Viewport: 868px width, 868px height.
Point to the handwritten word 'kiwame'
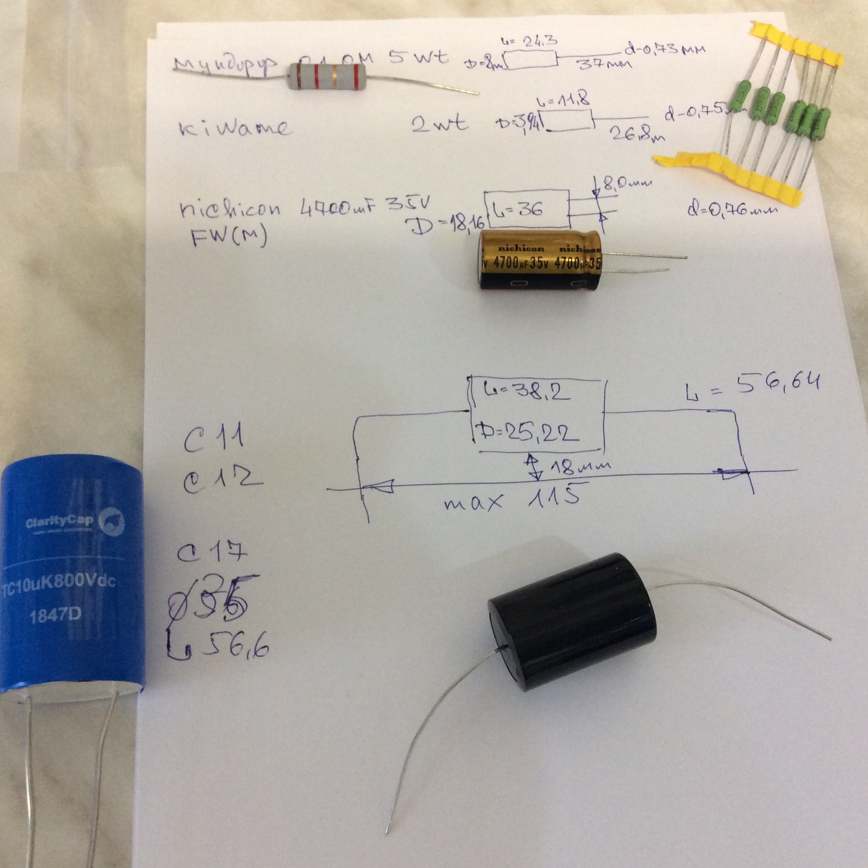tap(234, 128)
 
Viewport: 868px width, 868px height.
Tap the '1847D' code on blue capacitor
tap(55, 616)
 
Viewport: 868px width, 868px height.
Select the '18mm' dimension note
tap(580, 467)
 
